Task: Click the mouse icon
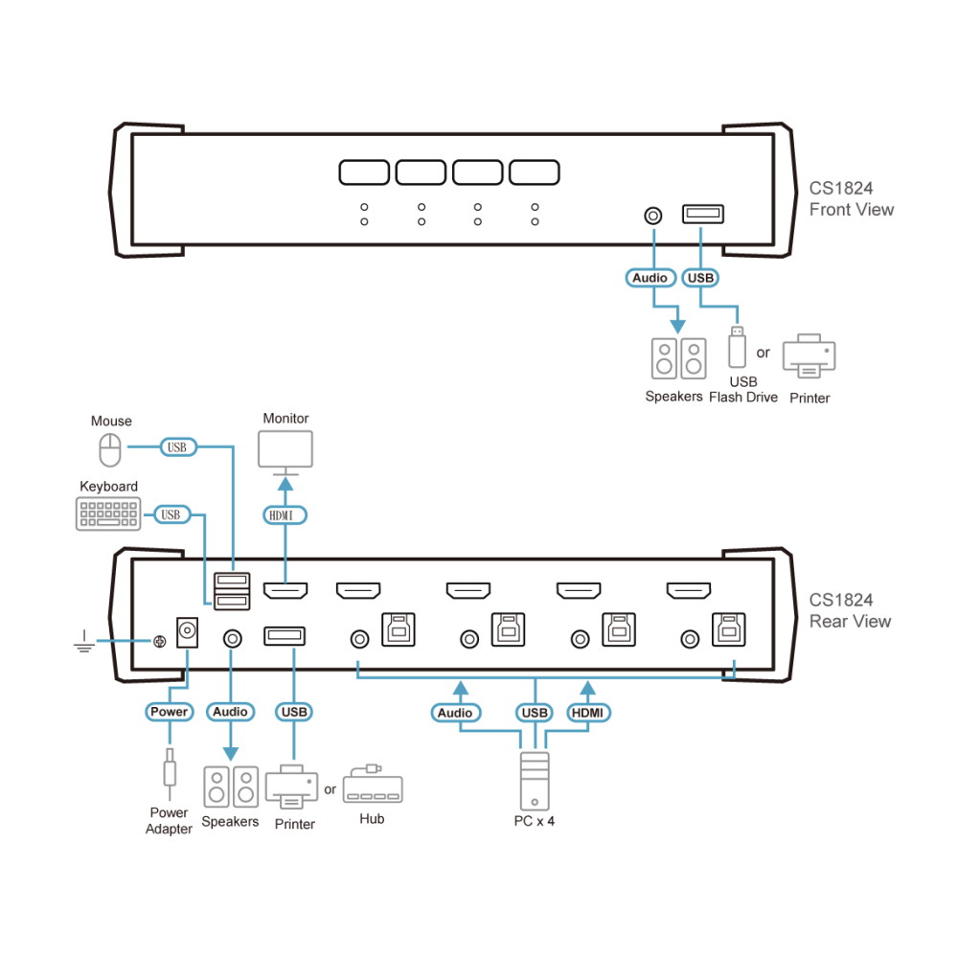[x=110, y=449]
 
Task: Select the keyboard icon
[x=108, y=513]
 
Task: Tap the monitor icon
[x=285, y=453]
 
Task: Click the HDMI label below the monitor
[x=285, y=515]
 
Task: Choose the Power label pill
[x=170, y=712]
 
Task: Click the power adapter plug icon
[x=170, y=773]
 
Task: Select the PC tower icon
[x=535, y=781]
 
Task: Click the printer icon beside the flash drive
[x=809, y=356]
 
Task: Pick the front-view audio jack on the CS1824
[x=653, y=216]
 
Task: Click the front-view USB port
[x=703, y=214]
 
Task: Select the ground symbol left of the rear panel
[x=84, y=642]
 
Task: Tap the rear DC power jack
[x=187, y=631]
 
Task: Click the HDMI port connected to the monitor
[x=285, y=590]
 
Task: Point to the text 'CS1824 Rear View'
[x=850, y=610]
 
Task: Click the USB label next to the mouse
[x=178, y=447]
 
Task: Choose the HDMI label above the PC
[x=588, y=713]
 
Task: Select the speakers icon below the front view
[x=679, y=358]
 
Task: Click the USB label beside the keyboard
[x=171, y=514]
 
